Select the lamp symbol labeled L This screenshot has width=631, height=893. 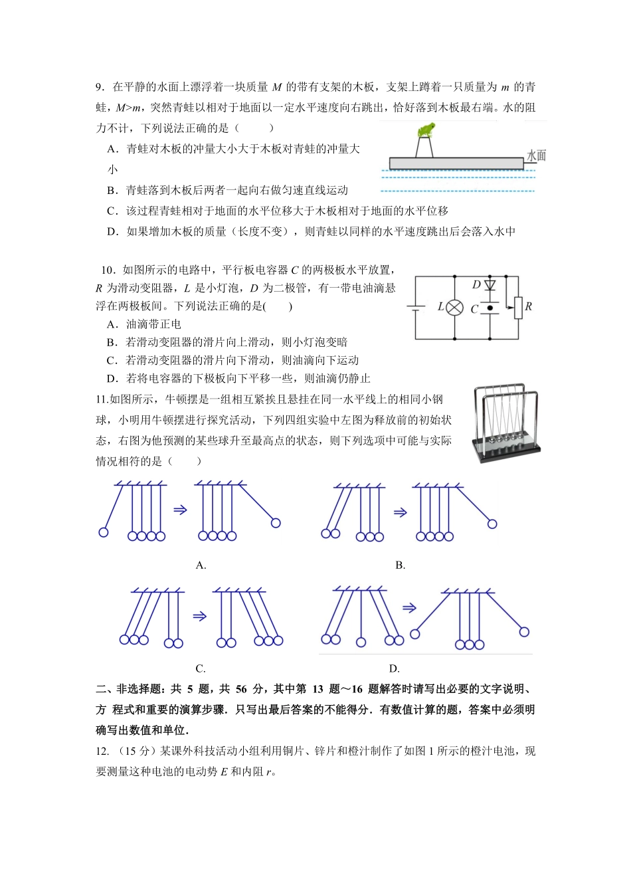[455, 308]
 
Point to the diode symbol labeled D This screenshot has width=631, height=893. [490, 285]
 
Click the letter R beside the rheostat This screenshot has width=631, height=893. [529, 306]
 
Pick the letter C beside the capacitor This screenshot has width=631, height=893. [474, 309]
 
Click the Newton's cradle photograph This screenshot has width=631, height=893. [507, 423]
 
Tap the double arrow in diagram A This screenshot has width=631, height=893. [180, 510]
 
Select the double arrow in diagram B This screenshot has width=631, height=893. [400, 512]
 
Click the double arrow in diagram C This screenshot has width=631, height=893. [199, 616]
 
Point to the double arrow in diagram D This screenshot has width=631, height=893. [409, 607]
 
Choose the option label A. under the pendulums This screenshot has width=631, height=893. [201, 565]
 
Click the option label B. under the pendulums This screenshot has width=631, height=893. [400, 565]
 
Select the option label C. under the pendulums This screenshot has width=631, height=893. [201, 669]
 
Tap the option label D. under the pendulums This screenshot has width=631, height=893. [394, 669]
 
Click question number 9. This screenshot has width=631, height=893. [100, 87]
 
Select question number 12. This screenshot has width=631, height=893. [102, 751]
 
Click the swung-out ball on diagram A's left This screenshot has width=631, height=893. [104, 532]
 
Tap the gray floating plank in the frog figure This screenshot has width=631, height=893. [456, 163]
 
